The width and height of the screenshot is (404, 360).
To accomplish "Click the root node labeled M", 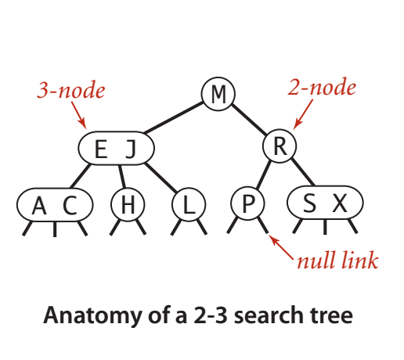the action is click(218, 94).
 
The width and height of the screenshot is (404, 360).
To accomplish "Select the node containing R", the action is click(280, 146).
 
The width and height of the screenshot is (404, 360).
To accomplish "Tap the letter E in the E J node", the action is click(101, 149).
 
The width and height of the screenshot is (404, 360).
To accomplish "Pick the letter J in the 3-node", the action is click(132, 149).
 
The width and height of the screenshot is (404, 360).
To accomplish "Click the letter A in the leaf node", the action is click(39, 205).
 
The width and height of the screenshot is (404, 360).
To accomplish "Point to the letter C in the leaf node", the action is click(70, 205).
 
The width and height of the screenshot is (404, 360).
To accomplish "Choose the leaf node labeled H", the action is click(128, 204).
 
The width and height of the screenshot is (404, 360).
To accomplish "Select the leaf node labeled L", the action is click(189, 204).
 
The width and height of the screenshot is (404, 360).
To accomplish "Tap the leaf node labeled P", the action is click(247, 203).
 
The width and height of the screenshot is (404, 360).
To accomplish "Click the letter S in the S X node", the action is click(309, 203).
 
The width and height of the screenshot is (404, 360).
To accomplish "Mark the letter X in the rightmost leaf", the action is click(340, 203).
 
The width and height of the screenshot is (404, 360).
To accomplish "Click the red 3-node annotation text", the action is click(71, 90).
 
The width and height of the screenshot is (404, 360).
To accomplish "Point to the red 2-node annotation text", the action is click(322, 87).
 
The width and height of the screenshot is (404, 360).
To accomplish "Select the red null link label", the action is click(337, 260).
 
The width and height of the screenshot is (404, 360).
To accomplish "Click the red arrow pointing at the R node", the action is click(303, 114).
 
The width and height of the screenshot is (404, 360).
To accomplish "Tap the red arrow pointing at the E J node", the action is click(79, 115).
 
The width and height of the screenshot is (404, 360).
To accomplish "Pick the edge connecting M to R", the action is click(249, 120).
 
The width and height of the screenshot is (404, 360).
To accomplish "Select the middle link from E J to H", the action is click(122, 176).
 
